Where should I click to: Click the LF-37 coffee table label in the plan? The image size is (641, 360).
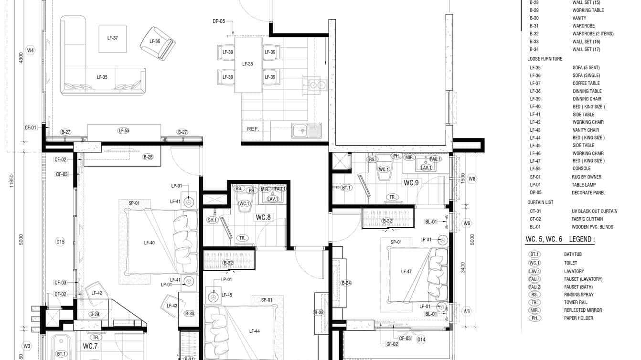tap(113, 38)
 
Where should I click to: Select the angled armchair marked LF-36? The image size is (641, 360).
tap(157, 43)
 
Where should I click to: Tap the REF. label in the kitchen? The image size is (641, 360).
tap(253, 129)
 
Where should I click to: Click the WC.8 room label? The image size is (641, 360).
tap(263, 218)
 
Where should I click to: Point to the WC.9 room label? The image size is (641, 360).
tap(411, 183)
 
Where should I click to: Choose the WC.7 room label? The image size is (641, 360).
tap(90, 346)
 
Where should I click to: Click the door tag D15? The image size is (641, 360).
tap(60, 242)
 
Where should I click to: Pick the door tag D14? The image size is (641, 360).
tap(421, 340)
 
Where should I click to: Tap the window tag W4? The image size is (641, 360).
tap(31, 50)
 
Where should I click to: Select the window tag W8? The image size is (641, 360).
tap(472, 179)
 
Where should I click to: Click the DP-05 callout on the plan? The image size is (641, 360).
tap(219, 21)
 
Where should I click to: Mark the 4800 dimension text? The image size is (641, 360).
tap(21, 58)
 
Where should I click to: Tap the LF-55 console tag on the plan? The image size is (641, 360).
tap(124, 131)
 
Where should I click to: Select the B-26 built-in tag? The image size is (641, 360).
tap(148, 157)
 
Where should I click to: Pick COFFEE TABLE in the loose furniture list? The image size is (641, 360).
tap(586, 83)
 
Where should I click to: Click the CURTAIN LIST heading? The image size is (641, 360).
tap(540, 202)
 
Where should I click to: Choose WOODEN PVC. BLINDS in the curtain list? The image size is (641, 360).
tap(592, 227)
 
